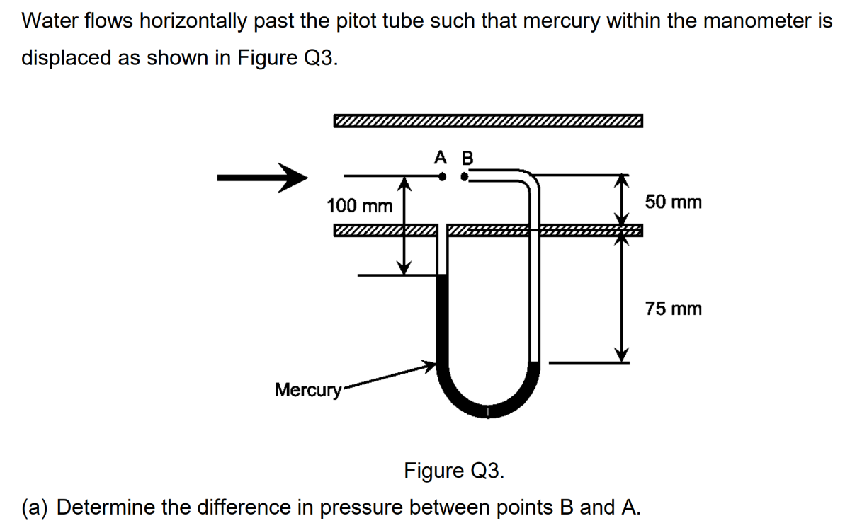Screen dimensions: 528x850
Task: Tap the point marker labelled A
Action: click(442, 178)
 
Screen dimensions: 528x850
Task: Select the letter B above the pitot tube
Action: click(466, 157)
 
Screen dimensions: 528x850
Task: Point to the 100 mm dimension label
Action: click(359, 206)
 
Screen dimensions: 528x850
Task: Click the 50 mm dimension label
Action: click(674, 202)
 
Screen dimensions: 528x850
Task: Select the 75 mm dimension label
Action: click(674, 309)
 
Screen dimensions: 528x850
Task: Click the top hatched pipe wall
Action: click(489, 121)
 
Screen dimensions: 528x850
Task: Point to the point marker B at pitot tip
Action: click(464, 178)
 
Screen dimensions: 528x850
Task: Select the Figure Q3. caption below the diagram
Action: click(454, 470)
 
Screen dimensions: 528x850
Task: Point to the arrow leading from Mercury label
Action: click(390, 377)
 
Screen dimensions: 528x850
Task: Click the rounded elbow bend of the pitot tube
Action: click(529, 181)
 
